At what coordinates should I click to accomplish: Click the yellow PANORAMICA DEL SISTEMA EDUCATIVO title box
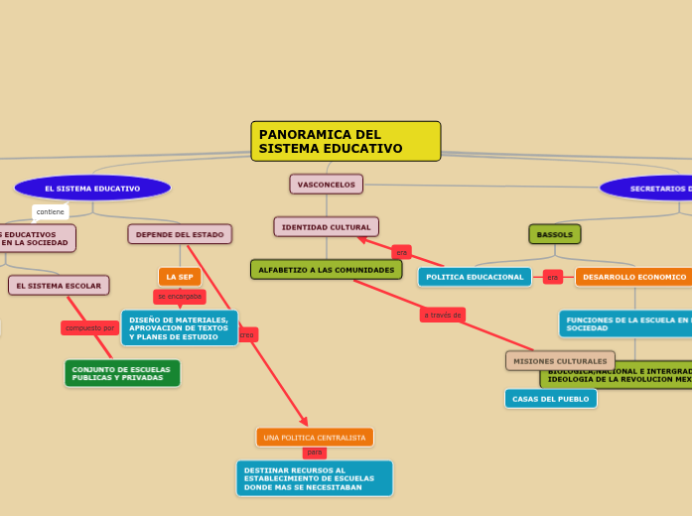pos(346,141)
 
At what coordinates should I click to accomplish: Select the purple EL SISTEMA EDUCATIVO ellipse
pos(92,188)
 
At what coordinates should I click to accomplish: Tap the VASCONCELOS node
pos(326,185)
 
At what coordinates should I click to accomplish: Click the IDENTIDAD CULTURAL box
pos(326,227)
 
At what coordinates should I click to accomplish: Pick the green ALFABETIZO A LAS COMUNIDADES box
pos(326,270)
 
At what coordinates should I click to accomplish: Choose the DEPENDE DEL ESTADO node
pos(180,234)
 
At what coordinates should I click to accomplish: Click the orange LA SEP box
pos(180,277)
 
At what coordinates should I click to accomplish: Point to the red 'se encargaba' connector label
pos(180,297)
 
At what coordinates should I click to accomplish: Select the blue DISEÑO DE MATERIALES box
pos(179,327)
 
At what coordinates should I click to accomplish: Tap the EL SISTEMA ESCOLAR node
pos(59,286)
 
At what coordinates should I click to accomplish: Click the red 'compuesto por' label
pos(90,327)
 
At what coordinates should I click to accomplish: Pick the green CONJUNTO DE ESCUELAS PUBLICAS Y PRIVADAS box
pos(122,373)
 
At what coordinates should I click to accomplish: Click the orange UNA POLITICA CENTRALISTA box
pos(315,438)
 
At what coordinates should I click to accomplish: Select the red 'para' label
pos(315,452)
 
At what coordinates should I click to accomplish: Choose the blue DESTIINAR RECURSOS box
pos(314,478)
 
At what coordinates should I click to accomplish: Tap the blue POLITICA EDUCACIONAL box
pos(475,277)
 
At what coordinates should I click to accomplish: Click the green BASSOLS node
pos(555,235)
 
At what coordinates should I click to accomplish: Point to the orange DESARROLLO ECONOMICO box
pos(634,277)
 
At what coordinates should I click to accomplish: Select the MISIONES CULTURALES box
pos(560,361)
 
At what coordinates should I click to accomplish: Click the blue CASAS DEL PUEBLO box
pos(551,399)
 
